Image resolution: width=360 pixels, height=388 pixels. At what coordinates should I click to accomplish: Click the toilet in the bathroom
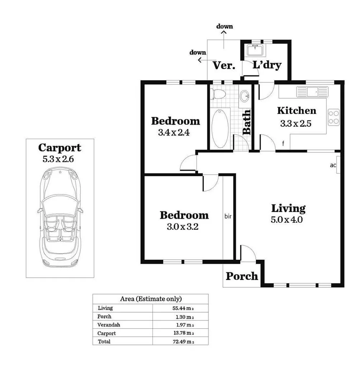pos(218,94)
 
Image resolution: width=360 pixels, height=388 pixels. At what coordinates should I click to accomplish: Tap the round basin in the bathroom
pos(245,96)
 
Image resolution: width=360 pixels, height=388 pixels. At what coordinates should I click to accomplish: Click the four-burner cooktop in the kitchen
pos(333,117)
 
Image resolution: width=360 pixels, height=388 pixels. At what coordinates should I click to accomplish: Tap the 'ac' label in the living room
pos(333,166)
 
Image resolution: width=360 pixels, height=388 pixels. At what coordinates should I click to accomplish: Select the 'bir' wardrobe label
pos(228,216)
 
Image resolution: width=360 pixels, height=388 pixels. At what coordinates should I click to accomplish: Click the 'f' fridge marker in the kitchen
pos(283,144)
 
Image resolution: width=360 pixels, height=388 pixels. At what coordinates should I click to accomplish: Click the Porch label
pos(242,276)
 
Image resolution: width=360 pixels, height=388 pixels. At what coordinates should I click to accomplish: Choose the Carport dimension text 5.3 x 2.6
pos(58,159)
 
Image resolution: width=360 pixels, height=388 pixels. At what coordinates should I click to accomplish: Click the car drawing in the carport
pos(60,219)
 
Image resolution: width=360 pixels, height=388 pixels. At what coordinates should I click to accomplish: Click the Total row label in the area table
pos(104,342)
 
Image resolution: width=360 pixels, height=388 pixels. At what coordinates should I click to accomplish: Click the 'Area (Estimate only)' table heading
pos(150,299)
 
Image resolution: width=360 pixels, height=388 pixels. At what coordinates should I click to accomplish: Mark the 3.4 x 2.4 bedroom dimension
pos(174,132)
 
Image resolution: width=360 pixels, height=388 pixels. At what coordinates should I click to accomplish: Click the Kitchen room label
pos(296,111)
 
